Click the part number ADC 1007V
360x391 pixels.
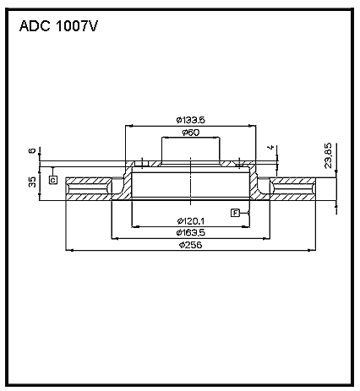point(58,26)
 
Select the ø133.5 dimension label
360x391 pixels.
point(191,120)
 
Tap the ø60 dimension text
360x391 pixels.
point(190,133)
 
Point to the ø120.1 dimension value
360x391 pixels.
point(191,221)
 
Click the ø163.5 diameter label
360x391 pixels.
point(191,233)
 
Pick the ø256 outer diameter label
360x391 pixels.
point(191,245)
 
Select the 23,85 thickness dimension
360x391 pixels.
point(329,155)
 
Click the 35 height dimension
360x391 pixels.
point(33,182)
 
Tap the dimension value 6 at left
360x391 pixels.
point(32,150)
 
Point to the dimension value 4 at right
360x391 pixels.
point(270,147)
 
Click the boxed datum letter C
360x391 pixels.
point(53,180)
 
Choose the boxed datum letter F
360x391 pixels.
point(235,213)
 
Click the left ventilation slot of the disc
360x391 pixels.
point(89,188)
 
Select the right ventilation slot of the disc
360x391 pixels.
point(293,188)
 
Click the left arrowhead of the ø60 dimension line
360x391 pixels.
point(166,138)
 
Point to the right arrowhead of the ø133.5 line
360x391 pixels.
point(253,126)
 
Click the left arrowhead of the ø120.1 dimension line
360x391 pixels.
point(136,226)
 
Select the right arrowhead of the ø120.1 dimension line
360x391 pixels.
point(246,226)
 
